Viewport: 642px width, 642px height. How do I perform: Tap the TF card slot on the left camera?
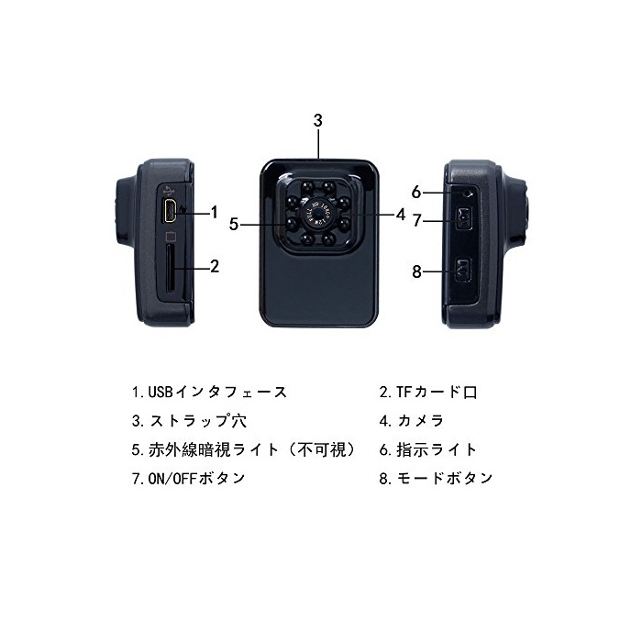tap(171, 267)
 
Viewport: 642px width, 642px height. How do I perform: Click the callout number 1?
tap(214, 213)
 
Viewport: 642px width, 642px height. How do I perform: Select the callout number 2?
tap(214, 267)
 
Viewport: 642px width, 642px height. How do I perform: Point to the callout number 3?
tap(317, 120)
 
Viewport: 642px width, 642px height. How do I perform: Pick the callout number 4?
tap(400, 215)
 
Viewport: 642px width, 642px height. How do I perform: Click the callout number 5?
tap(235, 223)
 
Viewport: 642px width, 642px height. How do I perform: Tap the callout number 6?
tap(416, 193)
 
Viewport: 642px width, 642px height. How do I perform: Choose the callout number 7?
tap(416, 220)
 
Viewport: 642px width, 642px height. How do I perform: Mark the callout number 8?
tap(416, 271)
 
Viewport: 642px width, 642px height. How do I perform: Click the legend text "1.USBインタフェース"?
tap(208, 393)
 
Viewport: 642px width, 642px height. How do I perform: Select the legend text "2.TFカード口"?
tap(428, 393)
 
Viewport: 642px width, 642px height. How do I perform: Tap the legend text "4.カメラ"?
tap(412, 421)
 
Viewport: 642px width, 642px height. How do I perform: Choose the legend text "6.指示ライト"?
tap(428, 449)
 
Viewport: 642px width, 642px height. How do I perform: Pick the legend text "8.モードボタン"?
tap(437, 478)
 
